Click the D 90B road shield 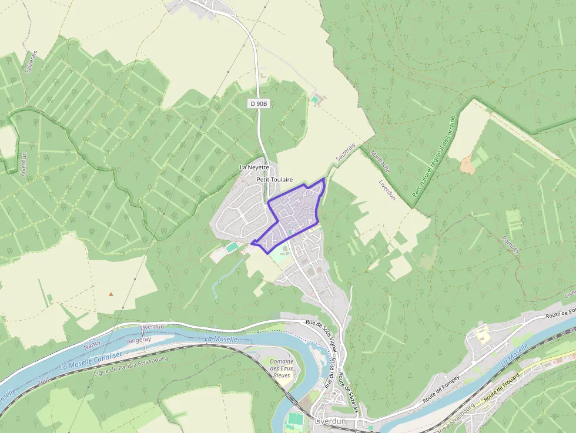pyautogui.click(x=258, y=103)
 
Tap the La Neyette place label pyautogui.click(x=254, y=167)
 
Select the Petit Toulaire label pyautogui.click(x=274, y=179)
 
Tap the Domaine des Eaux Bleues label pyautogui.click(x=280, y=368)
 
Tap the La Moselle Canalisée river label pyautogui.click(x=92, y=361)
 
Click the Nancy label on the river pyautogui.click(x=92, y=343)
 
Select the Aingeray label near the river pyautogui.click(x=139, y=339)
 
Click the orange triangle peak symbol pyautogui.click(x=111, y=293)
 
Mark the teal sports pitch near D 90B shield pyautogui.click(x=316, y=100)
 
